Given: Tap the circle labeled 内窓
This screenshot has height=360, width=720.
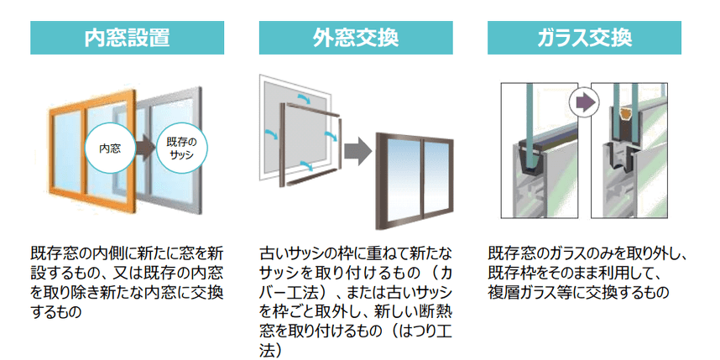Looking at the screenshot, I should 111,149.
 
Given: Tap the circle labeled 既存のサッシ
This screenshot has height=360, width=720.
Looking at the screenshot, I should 181,149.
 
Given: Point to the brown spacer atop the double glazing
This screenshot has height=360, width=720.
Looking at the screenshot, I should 623,111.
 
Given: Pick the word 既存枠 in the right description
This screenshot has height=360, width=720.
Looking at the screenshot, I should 508,272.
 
